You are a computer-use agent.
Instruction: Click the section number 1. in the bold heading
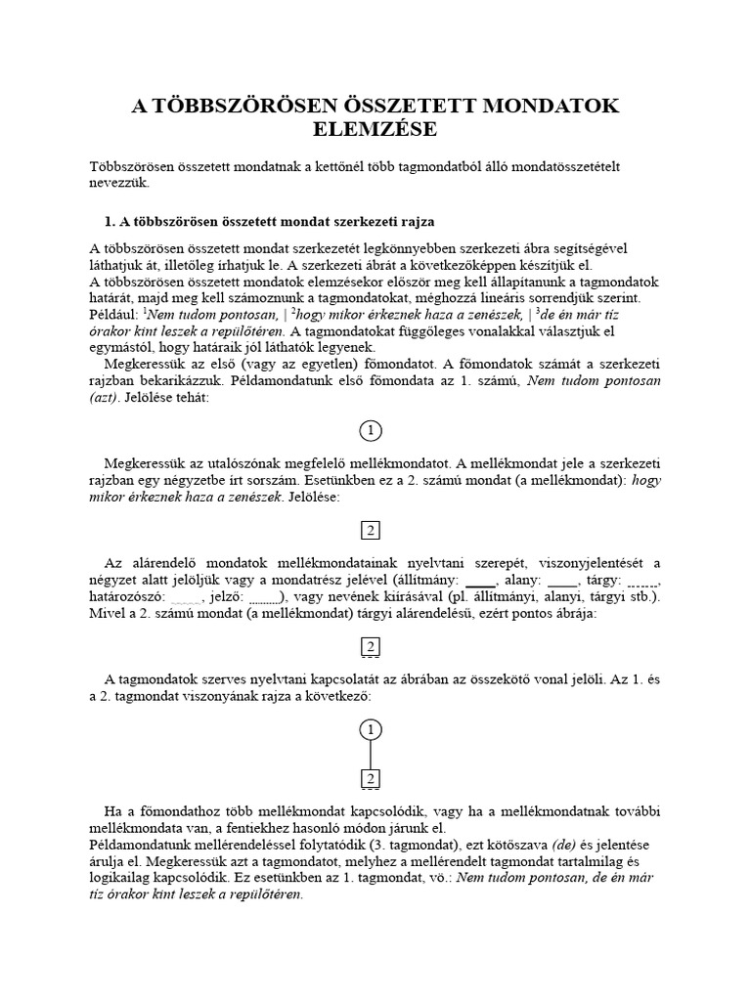pyautogui.click(x=110, y=222)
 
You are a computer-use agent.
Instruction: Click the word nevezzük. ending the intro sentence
pyautogui.click(x=120, y=183)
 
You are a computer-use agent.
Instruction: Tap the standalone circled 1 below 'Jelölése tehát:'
pyautogui.click(x=371, y=431)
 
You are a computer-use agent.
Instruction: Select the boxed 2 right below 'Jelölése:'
pyautogui.click(x=371, y=531)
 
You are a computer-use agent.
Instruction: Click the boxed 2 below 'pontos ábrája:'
pyautogui.click(x=371, y=647)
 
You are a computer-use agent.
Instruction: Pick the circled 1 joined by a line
pyautogui.click(x=371, y=729)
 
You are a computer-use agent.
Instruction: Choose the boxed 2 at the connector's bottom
pyautogui.click(x=371, y=778)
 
